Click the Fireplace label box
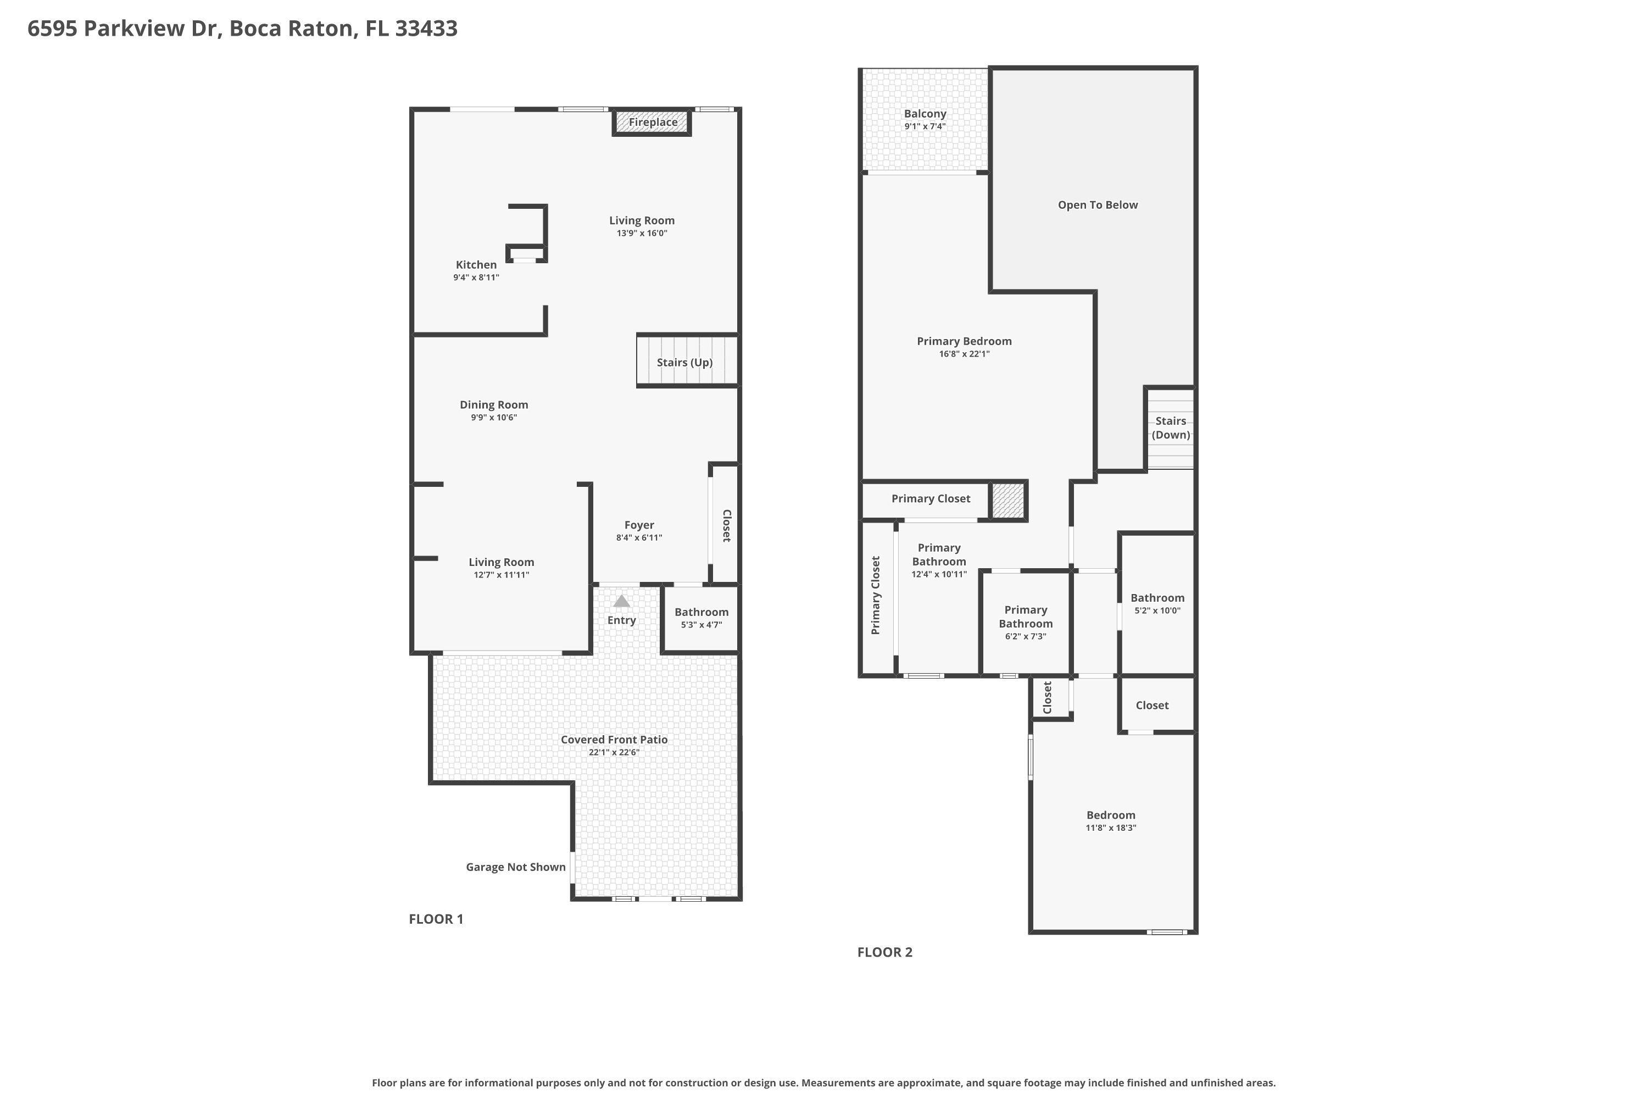(653, 122)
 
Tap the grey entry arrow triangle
(621, 601)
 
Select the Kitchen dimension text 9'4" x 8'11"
(476, 277)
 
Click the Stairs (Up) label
(684, 362)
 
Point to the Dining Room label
(494, 404)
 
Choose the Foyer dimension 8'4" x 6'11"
(639, 537)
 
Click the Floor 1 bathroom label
(701, 612)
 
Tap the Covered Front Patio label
(614, 740)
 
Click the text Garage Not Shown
(516, 867)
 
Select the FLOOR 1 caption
(436, 919)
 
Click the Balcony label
(925, 114)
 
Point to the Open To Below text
(1097, 204)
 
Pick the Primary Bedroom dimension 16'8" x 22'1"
(964, 354)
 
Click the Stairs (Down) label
(1171, 428)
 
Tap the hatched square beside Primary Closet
(1008, 501)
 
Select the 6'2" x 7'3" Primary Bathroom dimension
(1025, 636)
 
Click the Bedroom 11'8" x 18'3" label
(1111, 815)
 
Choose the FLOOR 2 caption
(885, 952)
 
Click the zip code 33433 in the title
(426, 29)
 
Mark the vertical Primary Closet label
(875, 596)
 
